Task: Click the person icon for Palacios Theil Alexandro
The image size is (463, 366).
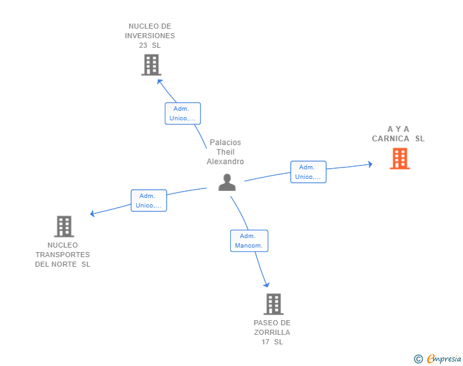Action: coord(227,182)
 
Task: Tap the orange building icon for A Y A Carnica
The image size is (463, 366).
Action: coord(399,158)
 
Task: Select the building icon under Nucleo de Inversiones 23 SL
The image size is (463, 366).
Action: coord(151,65)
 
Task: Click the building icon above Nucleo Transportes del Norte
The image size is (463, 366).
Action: coord(64,226)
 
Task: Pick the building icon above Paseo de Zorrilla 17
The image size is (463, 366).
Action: coord(273,304)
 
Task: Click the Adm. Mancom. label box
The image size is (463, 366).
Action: coord(249,241)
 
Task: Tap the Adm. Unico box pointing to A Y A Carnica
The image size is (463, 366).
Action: coord(308,172)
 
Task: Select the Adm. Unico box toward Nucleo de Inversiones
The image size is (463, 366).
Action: coord(183,113)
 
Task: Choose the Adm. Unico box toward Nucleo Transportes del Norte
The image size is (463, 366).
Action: coord(148,201)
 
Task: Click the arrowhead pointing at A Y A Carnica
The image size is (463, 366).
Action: coord(370,164)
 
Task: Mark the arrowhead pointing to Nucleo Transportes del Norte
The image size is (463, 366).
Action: coord(93,213)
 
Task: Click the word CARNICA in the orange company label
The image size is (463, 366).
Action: coord(390,139)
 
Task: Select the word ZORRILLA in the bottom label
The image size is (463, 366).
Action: coord(272,332)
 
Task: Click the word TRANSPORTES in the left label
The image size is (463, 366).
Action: coord(62,255)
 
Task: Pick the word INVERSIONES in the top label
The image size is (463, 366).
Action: coord(151,36)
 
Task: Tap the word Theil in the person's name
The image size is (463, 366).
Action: coord(225,152)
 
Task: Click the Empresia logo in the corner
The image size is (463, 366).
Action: coord(444,359)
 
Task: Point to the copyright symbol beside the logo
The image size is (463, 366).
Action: coord(418,360)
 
